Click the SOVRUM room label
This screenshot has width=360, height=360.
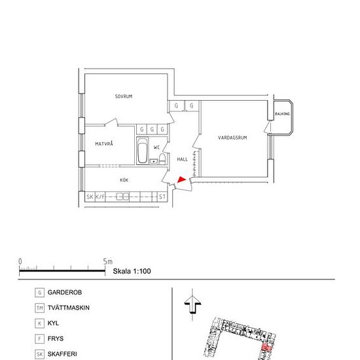(124, 96)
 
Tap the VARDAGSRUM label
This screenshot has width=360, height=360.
(232, 137)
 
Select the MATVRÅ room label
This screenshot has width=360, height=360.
(104, 144)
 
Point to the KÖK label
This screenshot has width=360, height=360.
(124, 180)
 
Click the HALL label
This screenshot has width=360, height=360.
(183, 159)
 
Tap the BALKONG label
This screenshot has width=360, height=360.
(282, 114)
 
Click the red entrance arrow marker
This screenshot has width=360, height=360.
(181, 179)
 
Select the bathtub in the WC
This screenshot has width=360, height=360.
(142, 151)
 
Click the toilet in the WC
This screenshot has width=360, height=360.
(162, 159)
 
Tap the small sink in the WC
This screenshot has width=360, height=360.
(154, 162)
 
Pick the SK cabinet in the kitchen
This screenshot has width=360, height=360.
(90, 197)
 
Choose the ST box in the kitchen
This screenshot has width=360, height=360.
(162, 197)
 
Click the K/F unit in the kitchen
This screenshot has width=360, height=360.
(100, 197)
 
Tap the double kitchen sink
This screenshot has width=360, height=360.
(122, 197)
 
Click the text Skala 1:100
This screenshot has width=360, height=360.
(132, 271)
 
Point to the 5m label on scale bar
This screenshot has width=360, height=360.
(108, 262)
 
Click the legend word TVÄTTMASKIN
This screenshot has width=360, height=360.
(69, 308)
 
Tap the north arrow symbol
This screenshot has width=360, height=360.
(192, 304)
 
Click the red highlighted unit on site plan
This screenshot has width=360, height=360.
(267, 347)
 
